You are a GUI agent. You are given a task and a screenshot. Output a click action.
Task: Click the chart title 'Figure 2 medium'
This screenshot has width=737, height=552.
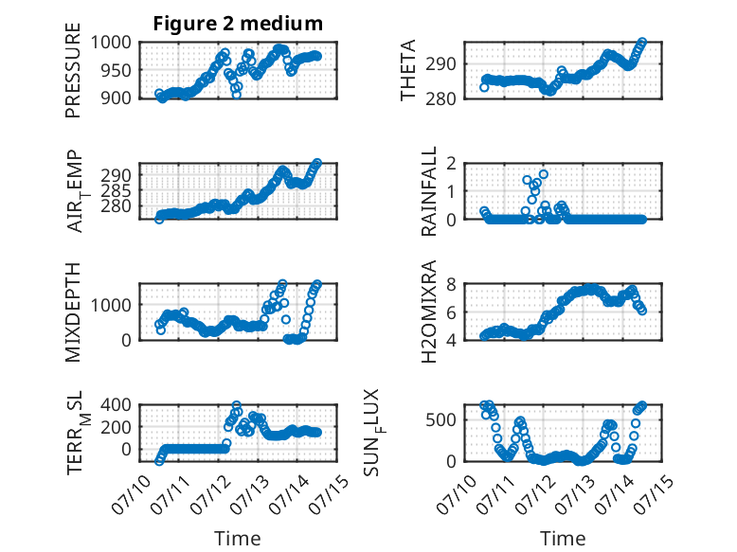click(238, 23)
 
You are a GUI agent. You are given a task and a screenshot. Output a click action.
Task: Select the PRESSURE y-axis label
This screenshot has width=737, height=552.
click(73, 70)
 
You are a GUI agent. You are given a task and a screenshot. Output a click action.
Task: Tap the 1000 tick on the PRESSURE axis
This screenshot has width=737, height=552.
click(111, 43)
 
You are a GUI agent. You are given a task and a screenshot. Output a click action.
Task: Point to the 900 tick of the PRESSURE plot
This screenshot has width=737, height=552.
click(117, 98)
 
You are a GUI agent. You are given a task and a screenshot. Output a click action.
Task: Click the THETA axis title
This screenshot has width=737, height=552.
click(408, 70)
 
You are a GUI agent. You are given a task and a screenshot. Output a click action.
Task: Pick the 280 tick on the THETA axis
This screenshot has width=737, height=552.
click(440, 98)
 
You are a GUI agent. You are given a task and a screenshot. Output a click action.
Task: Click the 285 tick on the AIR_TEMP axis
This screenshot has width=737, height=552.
click(117, 190)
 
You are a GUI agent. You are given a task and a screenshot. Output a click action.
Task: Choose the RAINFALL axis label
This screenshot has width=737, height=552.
click(429, 191)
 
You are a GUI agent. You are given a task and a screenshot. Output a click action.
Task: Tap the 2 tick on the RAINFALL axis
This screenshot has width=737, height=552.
click(451, 164)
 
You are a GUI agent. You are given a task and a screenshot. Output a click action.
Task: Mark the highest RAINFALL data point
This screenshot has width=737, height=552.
click(544, 174)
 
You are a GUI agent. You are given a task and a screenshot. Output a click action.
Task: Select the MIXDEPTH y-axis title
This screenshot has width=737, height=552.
click(73, 312)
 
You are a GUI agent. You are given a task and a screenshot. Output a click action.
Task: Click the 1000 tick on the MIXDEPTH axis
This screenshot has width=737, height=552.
click(111, 305)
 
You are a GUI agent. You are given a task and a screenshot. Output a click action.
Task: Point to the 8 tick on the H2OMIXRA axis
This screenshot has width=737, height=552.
click(451, 284)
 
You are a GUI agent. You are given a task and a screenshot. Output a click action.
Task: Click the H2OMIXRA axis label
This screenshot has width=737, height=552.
click(429, 312)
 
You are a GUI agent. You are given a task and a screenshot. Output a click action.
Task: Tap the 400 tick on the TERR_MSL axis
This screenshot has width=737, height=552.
click(117, 404)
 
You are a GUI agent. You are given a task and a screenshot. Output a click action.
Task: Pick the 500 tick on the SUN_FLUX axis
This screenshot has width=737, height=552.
click(440, 419)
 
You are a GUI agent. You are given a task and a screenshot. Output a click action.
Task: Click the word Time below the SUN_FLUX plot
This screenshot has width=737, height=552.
click(563, 538)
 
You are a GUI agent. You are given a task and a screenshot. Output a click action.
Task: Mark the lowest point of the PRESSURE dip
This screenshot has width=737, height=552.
click(237, 95)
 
